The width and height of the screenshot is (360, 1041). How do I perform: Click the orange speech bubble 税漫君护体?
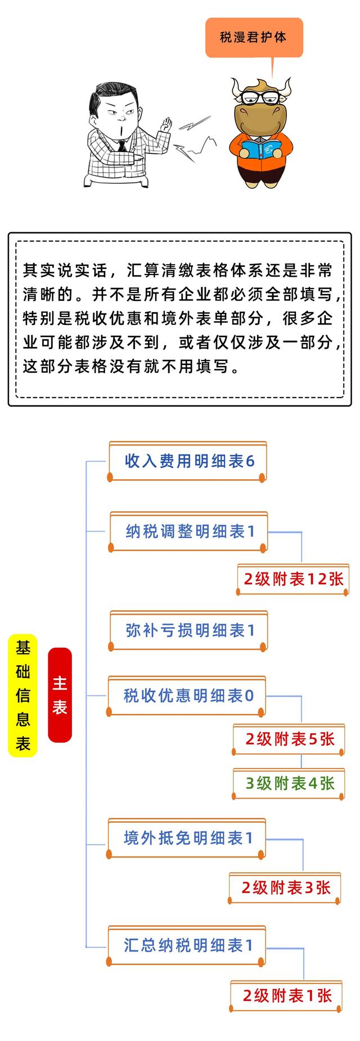(254, 37)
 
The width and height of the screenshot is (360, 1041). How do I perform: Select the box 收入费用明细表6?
(187, 461)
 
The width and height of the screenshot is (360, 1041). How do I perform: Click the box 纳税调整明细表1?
(188, 531)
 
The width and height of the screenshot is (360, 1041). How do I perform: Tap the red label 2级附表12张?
(292, 579)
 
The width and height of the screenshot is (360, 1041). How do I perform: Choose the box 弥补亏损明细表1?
(188, 630)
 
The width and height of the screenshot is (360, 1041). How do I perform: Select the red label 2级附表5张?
(289, 739)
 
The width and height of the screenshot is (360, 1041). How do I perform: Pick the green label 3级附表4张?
(289, 783)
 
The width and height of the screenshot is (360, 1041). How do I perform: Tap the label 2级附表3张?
(285, 887)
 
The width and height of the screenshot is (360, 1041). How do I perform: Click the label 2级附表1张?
(286, 995)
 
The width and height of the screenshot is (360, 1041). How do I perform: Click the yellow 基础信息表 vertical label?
(22, 696)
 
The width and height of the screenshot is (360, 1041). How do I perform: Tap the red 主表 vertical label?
(60, 695)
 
